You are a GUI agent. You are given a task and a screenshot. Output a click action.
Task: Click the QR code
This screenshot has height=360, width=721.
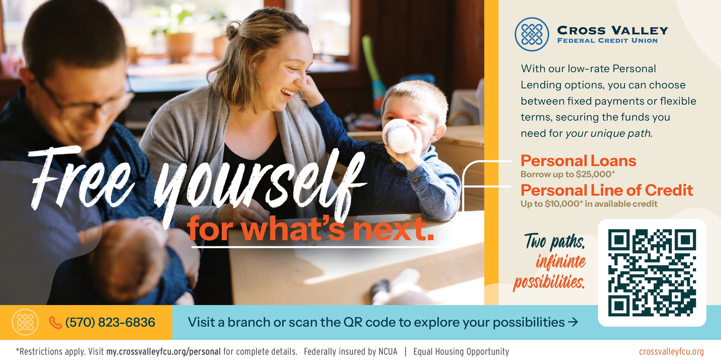(x=652, y=273)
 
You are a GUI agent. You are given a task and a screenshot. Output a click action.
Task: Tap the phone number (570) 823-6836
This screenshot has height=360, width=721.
(x=110, y=322)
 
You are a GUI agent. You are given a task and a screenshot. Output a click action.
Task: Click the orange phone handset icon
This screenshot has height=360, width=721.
(x=55, y=323)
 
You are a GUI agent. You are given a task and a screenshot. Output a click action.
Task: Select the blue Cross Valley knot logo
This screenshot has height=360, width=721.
(x=532, y=34)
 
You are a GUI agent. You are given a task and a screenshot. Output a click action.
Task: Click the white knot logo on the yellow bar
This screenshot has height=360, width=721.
(x=25, y=322)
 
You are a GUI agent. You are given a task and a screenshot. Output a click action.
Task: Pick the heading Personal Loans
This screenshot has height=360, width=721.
(x=579, y=161)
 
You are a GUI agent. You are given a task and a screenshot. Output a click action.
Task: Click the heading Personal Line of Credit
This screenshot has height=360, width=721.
(x=607, y=191)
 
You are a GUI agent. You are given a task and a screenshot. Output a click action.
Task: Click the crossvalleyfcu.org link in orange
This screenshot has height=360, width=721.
(x=671, y=351)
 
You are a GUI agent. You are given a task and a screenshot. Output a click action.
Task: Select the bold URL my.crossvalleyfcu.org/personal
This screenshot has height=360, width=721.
(x=164, y=351)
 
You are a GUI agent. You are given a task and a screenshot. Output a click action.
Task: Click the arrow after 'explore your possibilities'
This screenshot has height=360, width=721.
(x=573, y=322)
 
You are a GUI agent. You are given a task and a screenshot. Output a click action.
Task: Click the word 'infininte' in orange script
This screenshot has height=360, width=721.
(x=561, y=262)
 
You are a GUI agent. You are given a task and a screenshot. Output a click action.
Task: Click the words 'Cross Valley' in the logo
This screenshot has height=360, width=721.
(x=612, y=31)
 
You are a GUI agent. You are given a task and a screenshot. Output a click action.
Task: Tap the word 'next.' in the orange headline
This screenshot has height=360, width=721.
(x=393, y=229)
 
